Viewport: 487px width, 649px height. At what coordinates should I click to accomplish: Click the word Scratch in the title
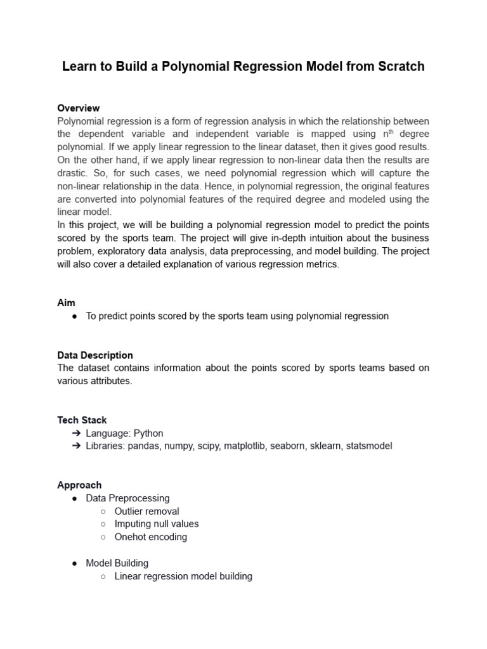(398, 67)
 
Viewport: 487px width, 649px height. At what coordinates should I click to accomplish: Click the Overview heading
(78, 108)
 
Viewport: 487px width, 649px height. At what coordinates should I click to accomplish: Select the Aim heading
(66, 303)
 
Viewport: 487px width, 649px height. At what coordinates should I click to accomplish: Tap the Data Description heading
(95, 355)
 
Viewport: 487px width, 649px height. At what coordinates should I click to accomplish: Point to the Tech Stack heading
(82, 420)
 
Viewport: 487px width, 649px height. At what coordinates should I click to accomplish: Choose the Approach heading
(79, 485)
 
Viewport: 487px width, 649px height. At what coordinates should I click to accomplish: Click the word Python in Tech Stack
(148, 434)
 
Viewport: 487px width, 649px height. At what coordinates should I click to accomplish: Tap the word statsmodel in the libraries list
(368, 446)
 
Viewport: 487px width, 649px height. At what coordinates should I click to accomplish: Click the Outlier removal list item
(146, 511)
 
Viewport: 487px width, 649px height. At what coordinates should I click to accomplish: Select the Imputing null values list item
(156, 524)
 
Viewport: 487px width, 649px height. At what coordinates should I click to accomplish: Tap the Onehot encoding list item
(150, 537)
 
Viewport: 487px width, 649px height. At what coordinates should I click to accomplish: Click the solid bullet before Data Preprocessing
(75, 499)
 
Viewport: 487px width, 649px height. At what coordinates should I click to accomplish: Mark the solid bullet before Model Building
(75, 563)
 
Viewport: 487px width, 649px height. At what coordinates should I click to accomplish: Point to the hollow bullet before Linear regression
(104, 577)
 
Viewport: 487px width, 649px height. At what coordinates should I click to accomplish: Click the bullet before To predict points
(75, 316)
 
